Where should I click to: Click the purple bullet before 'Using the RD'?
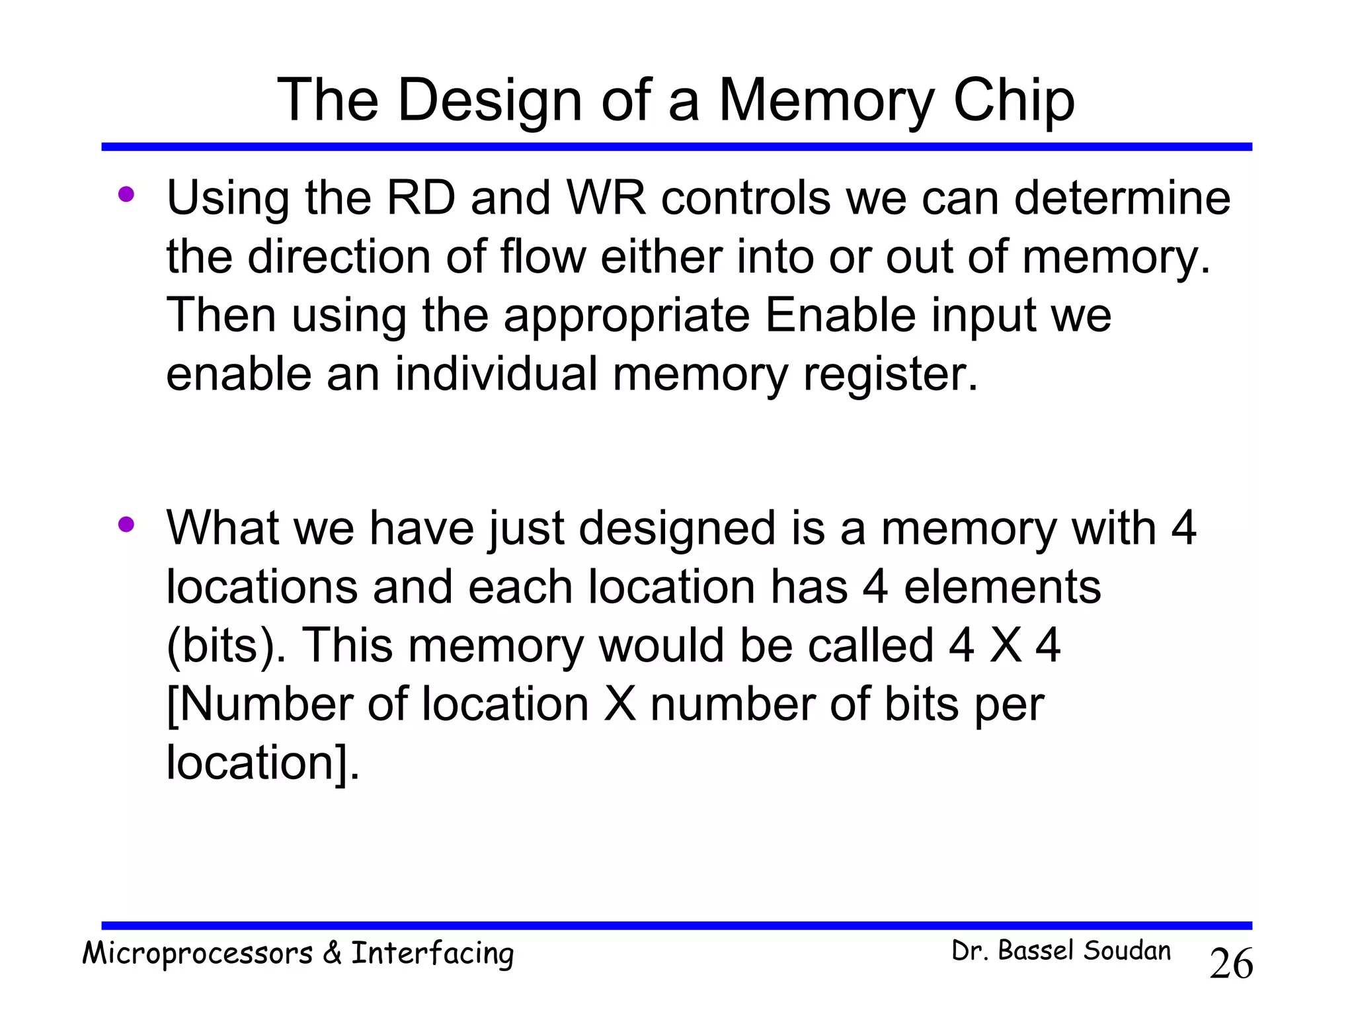pos(126,194)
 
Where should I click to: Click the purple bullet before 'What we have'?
pos(126,525)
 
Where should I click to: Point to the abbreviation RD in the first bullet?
pos(421,198)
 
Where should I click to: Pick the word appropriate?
pos(626,316)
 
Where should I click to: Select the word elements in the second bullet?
pos(1002,587)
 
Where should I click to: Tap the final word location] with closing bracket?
pos(262,763)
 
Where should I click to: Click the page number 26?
pos(1230,964)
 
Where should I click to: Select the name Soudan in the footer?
pos(1127,951)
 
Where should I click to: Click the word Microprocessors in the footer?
pos(197,954)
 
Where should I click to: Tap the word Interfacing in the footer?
pos(432,954)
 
